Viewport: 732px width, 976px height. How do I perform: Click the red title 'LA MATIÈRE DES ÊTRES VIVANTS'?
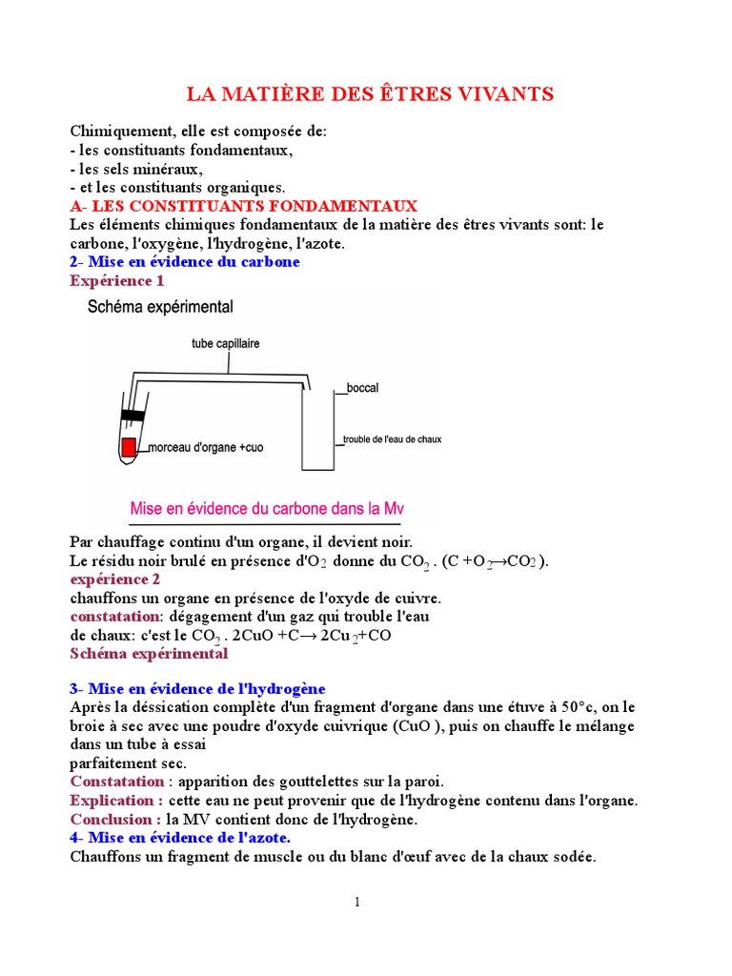368,94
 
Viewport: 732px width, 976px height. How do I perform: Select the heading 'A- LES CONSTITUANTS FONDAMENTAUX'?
243,206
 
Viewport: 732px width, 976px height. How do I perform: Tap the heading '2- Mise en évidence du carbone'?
185,262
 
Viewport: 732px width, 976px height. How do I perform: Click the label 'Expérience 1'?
117,281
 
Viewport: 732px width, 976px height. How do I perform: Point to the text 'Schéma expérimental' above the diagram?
160,307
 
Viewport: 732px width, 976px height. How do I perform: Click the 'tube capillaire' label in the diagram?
226,344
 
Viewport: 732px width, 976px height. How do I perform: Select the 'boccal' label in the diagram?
362,388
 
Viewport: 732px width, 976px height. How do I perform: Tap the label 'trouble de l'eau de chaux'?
392,439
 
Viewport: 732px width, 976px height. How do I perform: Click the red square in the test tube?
129,446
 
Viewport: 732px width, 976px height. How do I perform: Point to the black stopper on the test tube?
132,415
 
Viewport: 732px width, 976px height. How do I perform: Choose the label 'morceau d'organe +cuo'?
205,446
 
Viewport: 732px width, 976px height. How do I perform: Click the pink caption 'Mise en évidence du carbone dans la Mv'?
267,507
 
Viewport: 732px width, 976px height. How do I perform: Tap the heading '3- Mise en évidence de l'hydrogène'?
197,688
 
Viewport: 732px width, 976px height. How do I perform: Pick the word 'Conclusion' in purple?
112,819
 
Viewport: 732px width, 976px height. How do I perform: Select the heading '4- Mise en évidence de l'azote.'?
180,837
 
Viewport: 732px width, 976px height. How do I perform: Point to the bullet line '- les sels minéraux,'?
136,169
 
